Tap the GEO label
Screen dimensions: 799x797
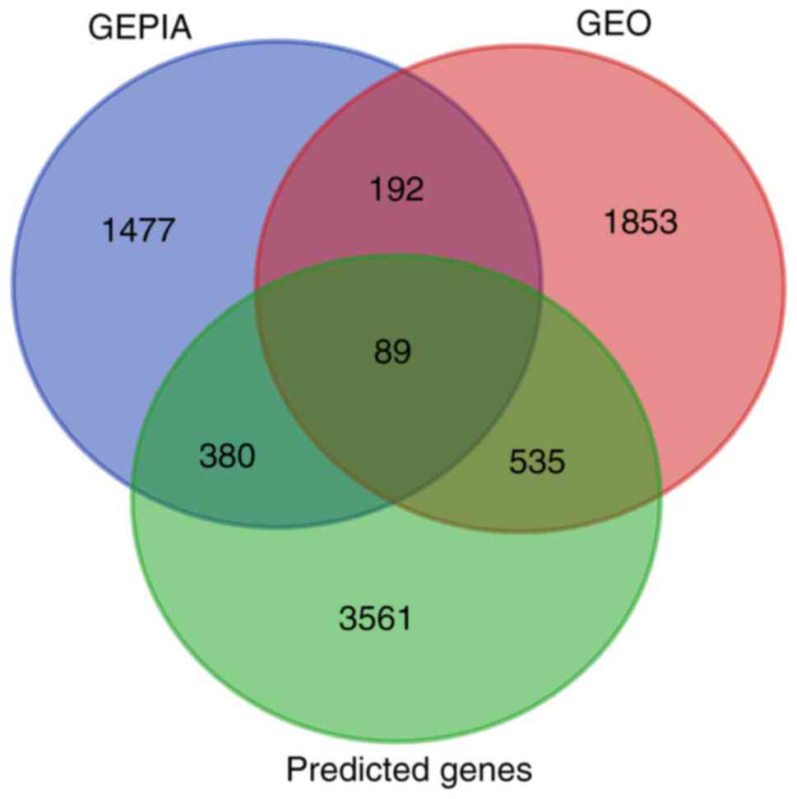614,25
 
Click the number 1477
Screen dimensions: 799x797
139,230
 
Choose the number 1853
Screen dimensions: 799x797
641,222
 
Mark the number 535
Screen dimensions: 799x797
537,462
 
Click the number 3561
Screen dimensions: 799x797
374,618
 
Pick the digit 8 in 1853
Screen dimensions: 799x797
632,222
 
